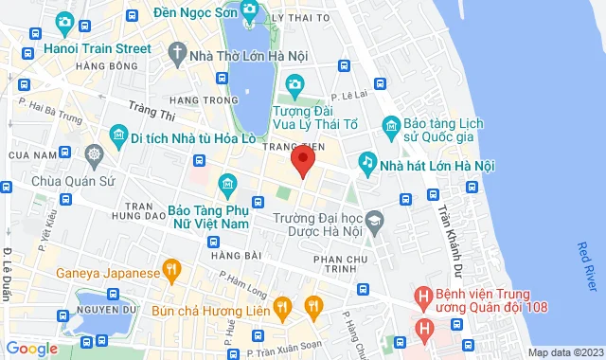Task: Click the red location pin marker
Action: point(302,160)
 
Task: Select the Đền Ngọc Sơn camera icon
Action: point(249,11)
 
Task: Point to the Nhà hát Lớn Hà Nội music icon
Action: point(366,164)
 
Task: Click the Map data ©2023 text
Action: point(563,352)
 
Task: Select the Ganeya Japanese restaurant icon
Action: point(170,273)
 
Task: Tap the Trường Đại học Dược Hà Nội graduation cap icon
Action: point(375,220)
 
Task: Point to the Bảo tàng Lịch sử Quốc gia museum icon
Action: point(390,125)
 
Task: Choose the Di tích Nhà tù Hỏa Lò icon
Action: point(118,135)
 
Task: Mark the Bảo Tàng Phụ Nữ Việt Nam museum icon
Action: point(227,182)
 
